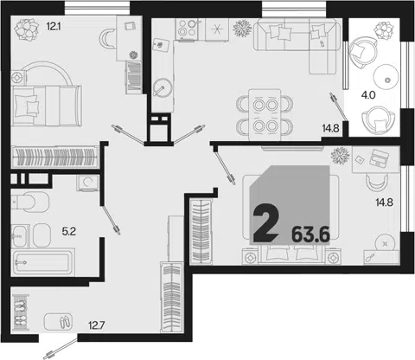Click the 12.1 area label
click(x=54, y=27)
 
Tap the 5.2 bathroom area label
click(x=69, y=231)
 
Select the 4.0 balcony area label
click(x=368, y=95)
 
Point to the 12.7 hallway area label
click(x=97, y=325)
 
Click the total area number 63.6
click(x=310, y=235)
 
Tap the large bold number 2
click(x=265, y=222)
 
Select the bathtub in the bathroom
click(x=43, y=262)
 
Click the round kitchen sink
click(x=163, y=87)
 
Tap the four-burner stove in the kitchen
click(x=188, y=29)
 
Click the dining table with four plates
click(x=265, y=115)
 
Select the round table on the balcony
click(x=386, y=77)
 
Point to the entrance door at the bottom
click(x=61, y=350)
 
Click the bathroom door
click(x=111, y=219)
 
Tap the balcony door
click(x=338, y=106)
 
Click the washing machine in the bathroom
click(x=87, y=183)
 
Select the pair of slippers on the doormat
click(x=65, y=321)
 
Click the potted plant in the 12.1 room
click(x=27, y=29)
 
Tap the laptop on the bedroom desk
click(x=379, y=157)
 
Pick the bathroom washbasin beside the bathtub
click(x=20, y=236)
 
